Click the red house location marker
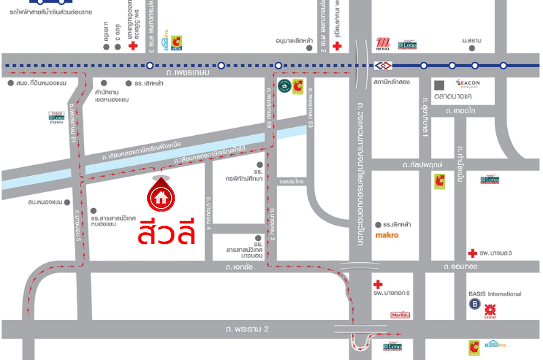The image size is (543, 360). tap(161, 196)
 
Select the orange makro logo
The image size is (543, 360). tap(387, 236)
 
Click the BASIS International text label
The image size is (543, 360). tap(495, 294)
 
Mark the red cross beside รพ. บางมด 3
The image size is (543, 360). tap(472, 254)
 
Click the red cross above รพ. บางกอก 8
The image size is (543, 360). tap(378, 284)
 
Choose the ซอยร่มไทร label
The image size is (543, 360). tap(291, 182)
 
